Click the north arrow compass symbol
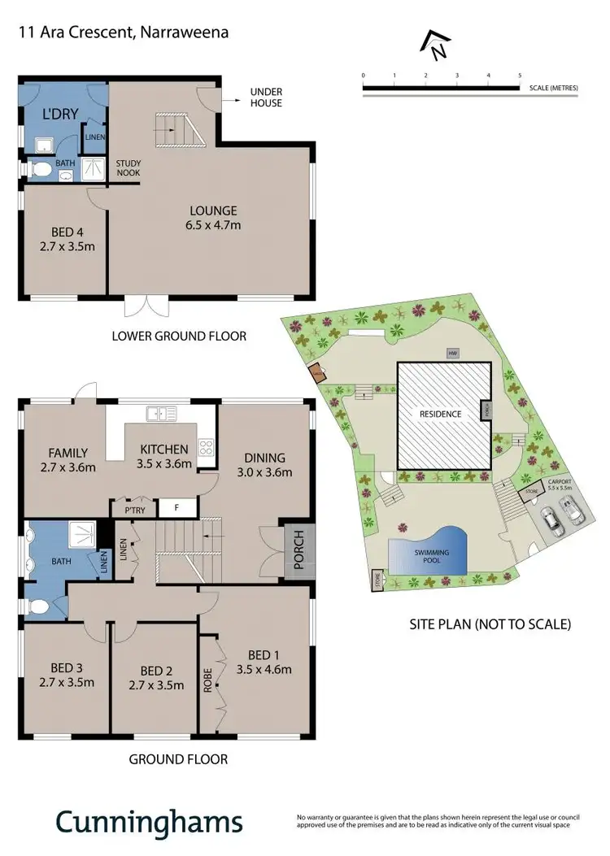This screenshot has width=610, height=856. coord(438,46)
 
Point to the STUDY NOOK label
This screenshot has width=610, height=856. coord(129,167)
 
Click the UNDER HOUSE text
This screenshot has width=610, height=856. coord(266,98)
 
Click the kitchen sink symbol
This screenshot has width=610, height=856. coord(161,414)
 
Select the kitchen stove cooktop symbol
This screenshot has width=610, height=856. coord(207,446)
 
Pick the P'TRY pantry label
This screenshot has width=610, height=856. coord(133,510)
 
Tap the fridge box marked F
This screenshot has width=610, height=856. coord(176,509)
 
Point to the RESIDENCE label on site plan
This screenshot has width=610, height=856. coord(440,414)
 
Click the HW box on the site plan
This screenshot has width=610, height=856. coord(452,353)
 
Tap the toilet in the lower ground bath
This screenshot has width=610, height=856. coord(40,170)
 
